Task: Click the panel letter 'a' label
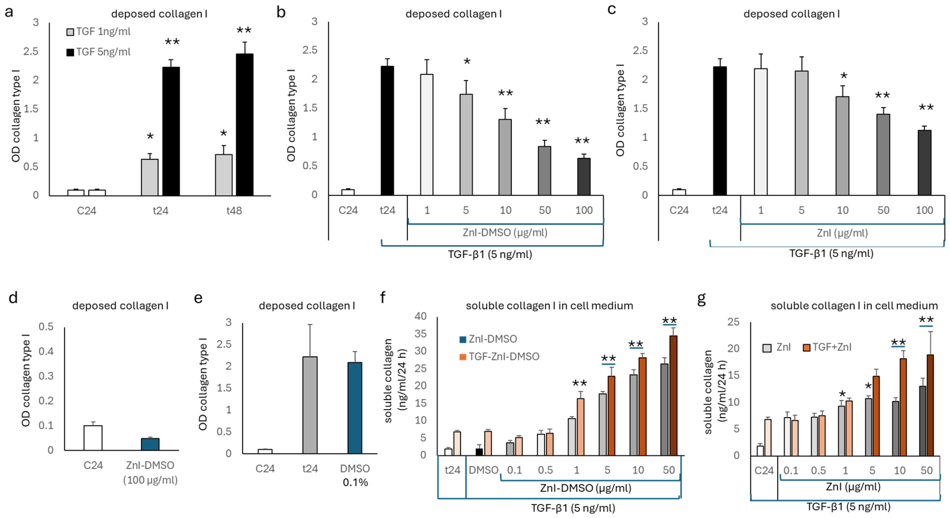point(9,12)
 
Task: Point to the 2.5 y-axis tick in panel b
point(310,50)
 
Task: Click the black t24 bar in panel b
point(387,131)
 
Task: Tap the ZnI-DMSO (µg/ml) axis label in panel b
point(505,233)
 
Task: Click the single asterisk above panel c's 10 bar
point(844,77)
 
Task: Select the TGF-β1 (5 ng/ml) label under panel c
point(831,254)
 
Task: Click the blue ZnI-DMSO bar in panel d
point(150,444)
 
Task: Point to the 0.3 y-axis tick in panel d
point(46,376)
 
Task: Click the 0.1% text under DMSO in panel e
point(355,482)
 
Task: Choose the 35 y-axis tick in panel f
point(421,334)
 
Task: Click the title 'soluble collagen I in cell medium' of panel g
point(854,306)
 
